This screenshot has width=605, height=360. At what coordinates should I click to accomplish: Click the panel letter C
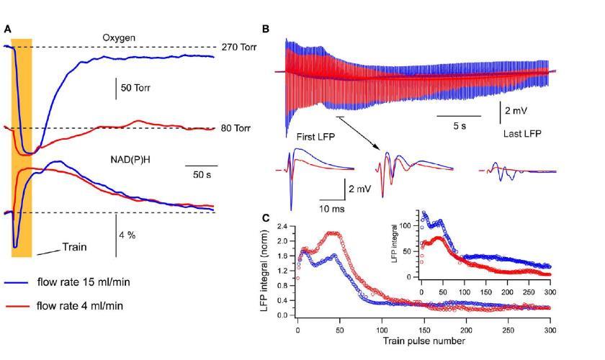(266, 217)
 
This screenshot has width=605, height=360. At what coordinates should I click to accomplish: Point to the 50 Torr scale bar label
(140, 88)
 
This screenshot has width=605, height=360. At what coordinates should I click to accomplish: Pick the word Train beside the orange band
(73, 246)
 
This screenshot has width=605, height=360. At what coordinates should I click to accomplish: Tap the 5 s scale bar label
(459, 125)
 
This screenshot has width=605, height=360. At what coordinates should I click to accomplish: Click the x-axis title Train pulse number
(423, 341)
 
